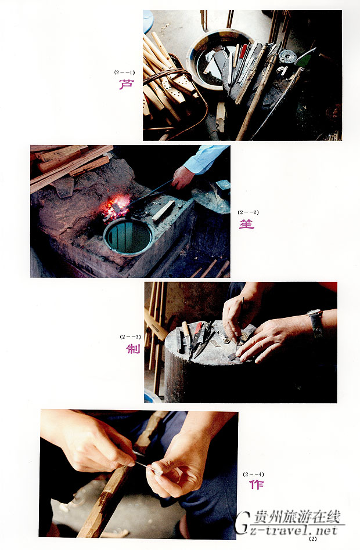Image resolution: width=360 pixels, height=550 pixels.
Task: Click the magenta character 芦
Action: [126, 84]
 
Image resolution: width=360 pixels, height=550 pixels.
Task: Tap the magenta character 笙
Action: [247, 224]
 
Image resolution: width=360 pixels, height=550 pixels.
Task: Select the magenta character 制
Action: [133, 349]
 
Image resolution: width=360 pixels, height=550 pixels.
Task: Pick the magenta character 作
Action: [257, 484]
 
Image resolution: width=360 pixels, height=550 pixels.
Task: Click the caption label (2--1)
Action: [124, 73]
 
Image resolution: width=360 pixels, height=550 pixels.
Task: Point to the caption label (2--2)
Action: [248, 212]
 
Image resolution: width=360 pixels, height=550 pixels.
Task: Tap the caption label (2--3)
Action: [130, 336]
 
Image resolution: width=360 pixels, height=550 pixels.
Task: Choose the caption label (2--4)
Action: [253, 474]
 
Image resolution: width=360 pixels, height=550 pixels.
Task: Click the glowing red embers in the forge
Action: [116, 208]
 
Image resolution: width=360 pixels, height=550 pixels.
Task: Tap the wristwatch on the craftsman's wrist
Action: [316, 323]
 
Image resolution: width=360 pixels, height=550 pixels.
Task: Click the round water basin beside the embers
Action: [128, 236]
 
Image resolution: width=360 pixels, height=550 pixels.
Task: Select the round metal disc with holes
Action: [287, 56]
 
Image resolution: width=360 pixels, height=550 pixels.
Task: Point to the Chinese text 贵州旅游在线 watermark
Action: [297, 517]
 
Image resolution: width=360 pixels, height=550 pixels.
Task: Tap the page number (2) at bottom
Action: [312, 539]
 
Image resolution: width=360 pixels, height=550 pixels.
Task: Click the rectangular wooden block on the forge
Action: [163, 211]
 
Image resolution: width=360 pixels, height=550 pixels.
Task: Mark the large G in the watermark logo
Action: [243, 522]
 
